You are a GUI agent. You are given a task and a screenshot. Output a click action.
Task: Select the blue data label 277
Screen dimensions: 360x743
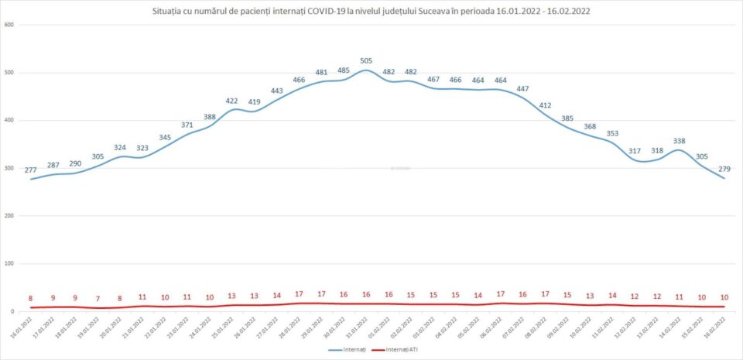(32, 170)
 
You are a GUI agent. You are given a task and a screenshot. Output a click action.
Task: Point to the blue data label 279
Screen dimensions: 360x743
(724, 169)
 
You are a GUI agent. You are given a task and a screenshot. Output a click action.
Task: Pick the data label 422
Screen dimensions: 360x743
(231, 101)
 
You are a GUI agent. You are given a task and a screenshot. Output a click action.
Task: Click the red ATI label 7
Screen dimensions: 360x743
(98, 299)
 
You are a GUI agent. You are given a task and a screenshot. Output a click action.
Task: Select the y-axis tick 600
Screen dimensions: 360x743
(9, 25)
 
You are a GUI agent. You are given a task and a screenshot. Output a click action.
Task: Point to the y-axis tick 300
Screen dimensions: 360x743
(9, 168)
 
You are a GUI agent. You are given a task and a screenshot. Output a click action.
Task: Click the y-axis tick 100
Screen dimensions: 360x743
(9, 264)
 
